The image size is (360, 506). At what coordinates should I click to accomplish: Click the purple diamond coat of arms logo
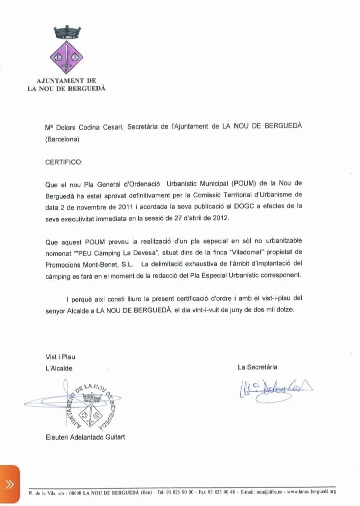click(66, 58)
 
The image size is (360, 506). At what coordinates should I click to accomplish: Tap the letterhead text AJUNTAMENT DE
click(66, 81)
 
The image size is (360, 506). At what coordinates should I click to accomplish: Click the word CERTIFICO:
click(64, 162)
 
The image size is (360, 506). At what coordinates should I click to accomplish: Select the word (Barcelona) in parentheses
click(62, 139)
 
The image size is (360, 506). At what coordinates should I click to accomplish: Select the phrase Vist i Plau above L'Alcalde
click(60, 357)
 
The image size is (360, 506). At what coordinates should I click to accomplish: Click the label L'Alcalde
click(59, 368)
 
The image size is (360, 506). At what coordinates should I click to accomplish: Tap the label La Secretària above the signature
click(257, 367)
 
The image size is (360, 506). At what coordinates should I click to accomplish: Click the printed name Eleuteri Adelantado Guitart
click(85, 437)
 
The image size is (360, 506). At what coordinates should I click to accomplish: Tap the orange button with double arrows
click(9, 485)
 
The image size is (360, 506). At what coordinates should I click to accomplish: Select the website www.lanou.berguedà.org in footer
click(311, 492)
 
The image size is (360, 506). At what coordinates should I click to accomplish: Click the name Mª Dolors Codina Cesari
click(85, 127)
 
